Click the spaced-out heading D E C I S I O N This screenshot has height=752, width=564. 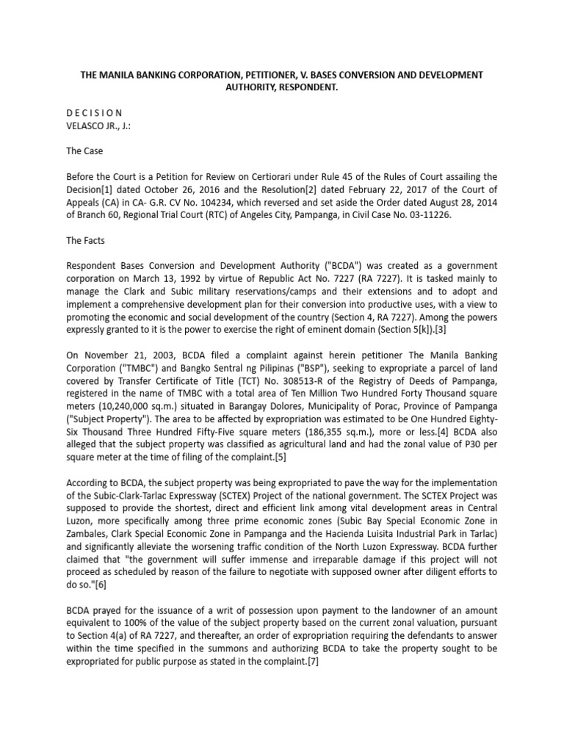click(x=95, y=112)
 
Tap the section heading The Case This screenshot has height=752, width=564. click(x=84, y=151)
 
